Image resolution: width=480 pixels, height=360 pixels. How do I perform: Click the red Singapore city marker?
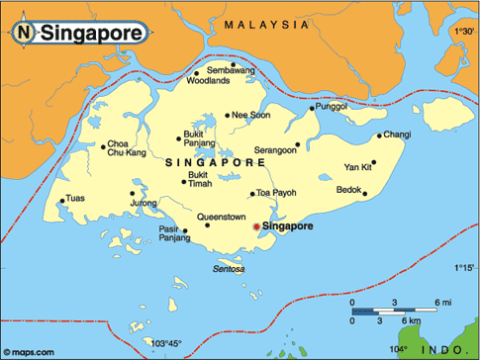[x=256, y=227]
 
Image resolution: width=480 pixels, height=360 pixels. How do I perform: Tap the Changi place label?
[x=397, y=135]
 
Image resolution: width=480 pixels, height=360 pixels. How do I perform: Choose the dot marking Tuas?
[x=62, y=201]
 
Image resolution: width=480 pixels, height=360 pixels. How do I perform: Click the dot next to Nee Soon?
[x=228, y=115]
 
